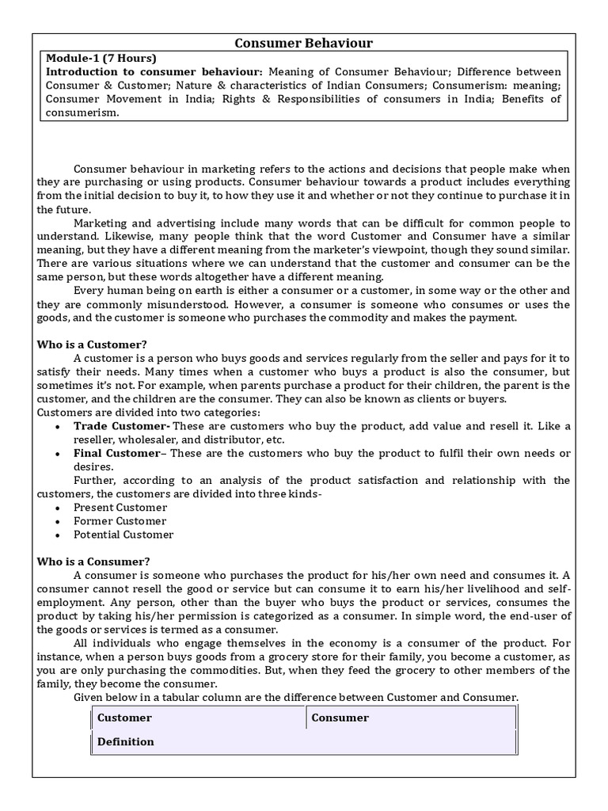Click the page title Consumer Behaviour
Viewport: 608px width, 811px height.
click(304, 43)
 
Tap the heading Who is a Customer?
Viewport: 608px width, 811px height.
click(93, 345)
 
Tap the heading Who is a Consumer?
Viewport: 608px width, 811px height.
click(94, 562)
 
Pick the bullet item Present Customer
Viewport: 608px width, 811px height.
click(120, 507)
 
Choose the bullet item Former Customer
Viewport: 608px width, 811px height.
click(120, 521)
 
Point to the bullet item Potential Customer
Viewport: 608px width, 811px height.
click(123, 535)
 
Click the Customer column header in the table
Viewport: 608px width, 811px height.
click(124, 718)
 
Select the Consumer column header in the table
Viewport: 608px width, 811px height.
click(340, 718)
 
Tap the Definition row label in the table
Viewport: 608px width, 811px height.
click(126, 742)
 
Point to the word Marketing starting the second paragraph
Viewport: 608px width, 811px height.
click(101, 223)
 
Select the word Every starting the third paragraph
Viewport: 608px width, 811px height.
click(89, 291)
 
